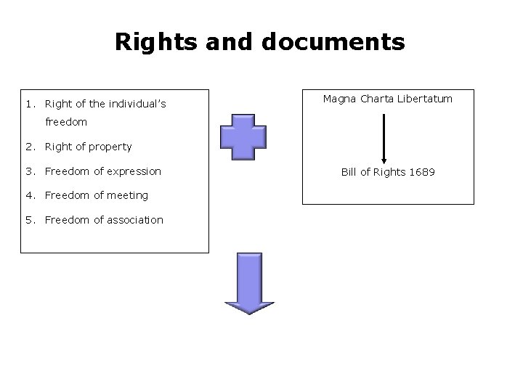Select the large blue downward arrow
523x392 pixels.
point(248,284)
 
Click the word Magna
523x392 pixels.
point(340,98)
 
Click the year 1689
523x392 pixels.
point(421,173)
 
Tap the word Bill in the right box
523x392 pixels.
point(350,173)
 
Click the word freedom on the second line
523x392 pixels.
point(66,122)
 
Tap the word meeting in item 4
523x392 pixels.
point(128,195)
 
